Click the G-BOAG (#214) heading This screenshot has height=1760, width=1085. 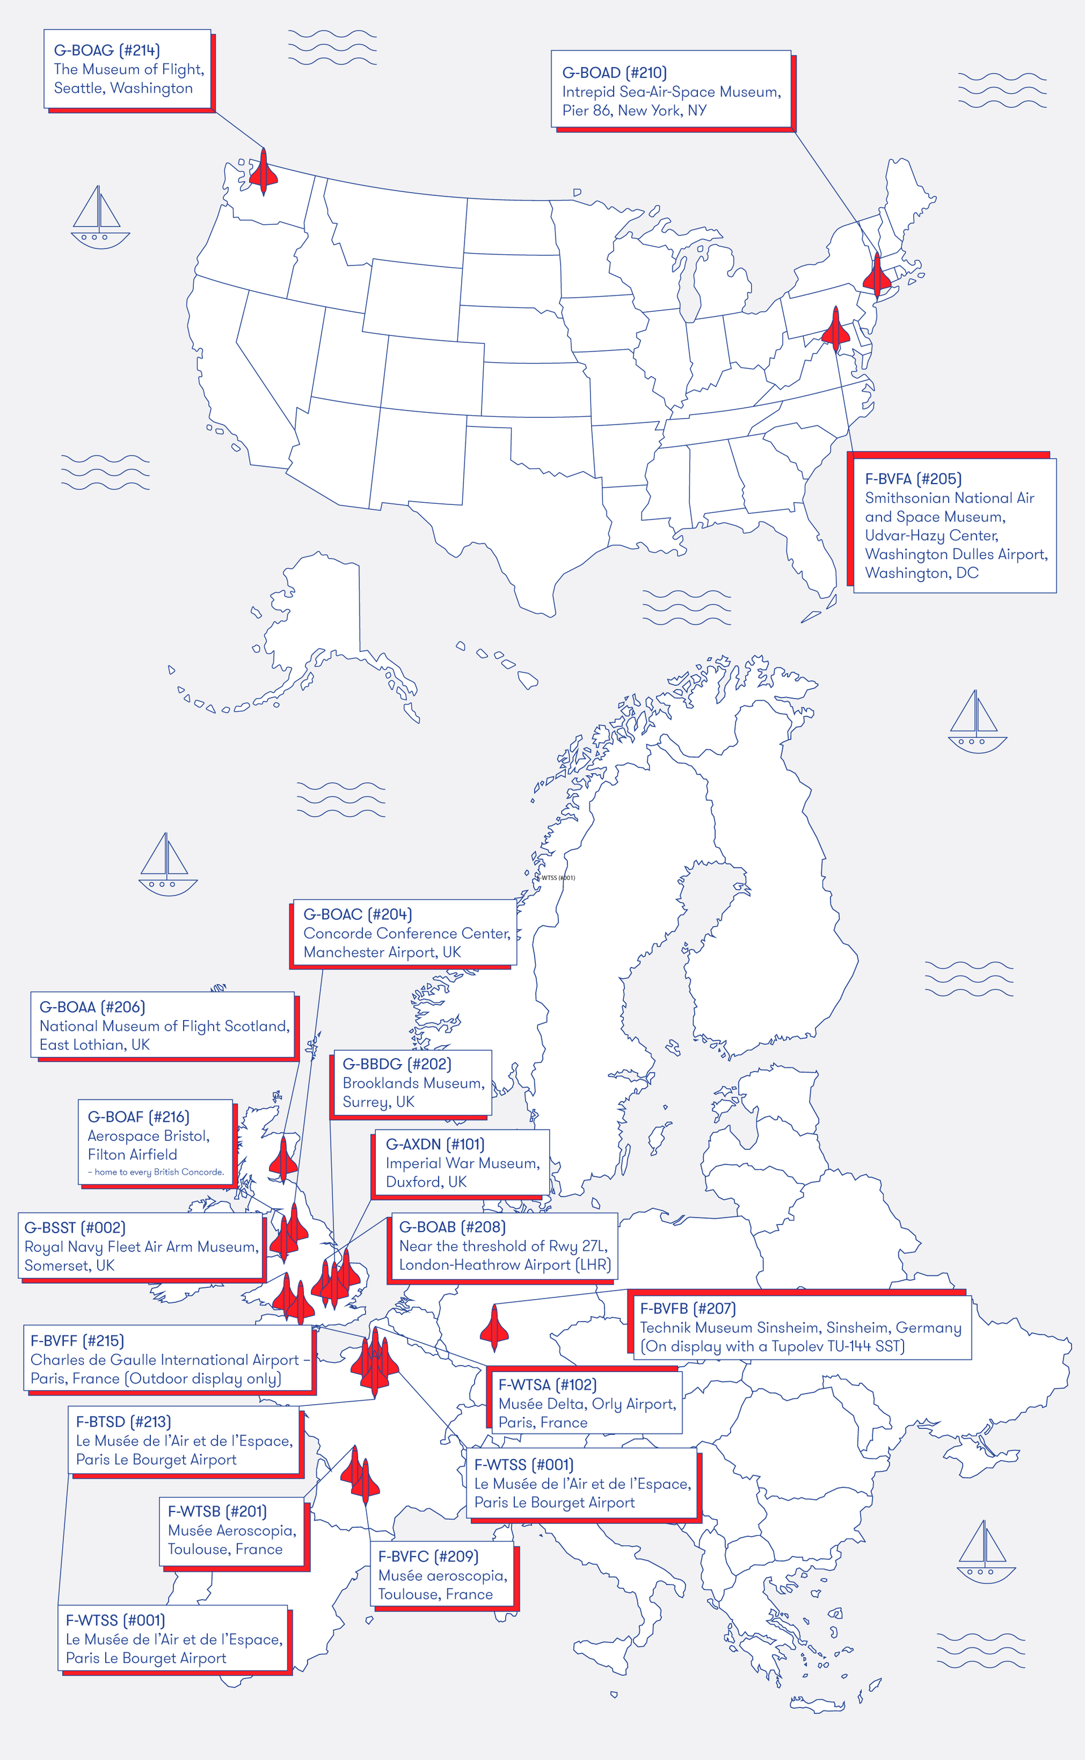107,50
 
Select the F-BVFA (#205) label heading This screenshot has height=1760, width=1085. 913,478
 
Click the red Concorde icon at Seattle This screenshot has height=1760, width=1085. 263,172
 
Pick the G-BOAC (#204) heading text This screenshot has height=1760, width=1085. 357,914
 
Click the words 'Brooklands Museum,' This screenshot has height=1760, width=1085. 413,1082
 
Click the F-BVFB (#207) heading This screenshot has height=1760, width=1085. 688,1308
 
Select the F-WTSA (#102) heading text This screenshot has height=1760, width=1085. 548,1384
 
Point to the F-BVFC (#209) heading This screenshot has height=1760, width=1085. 428,1556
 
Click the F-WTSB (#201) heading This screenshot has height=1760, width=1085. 216,1511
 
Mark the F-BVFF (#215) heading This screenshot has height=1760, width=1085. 77,1340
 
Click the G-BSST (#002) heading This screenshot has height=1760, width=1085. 75,1227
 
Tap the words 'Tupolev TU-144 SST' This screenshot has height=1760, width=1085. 832,1345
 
